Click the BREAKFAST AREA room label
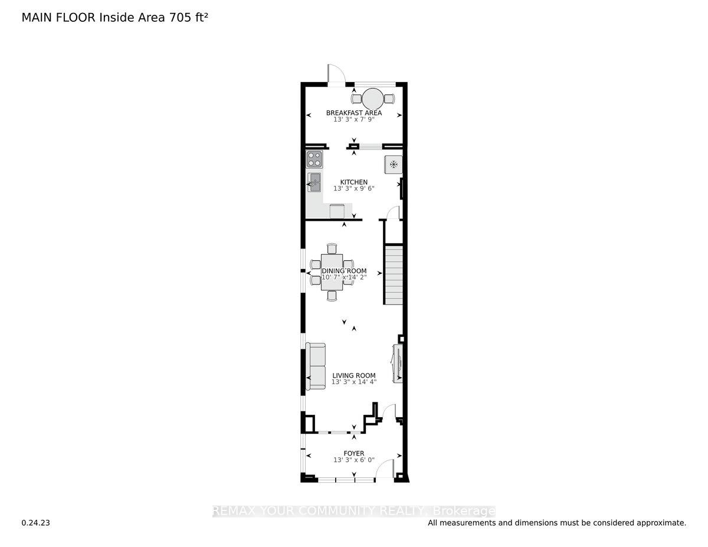[354, 113]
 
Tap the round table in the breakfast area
[372, 97]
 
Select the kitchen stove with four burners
[314, 160]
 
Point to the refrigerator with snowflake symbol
[394, 165]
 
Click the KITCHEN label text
[354, 182]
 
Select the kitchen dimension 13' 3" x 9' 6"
[354, 189]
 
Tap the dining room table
[332, 272]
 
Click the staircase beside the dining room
[394, 276]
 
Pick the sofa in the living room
[316, 366]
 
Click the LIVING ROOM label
[354, 375]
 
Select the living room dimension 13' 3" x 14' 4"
[354, 382]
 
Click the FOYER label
[354, 453]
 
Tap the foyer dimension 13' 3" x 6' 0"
[354, 460]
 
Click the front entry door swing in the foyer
[386, 469]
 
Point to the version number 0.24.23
[35, 523]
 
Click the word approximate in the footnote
[660, 523]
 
